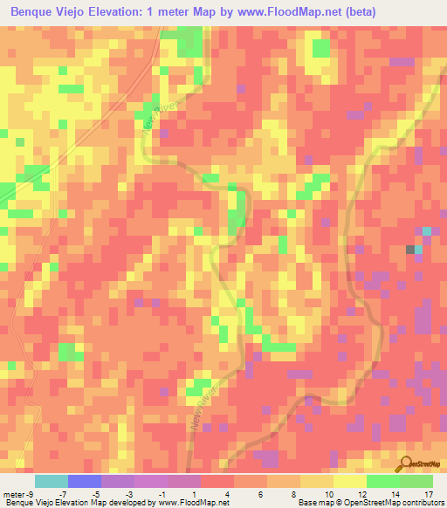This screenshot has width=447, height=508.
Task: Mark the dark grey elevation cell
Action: click(x=410, y=250)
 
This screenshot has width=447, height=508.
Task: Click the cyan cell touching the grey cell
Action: click(x=418, y=250)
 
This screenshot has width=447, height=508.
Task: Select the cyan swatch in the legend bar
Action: click(x=51, y=481)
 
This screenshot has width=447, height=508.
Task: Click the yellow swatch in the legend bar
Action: click(x=349, y=481)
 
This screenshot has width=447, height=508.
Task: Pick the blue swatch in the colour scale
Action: click(x=84, y=481)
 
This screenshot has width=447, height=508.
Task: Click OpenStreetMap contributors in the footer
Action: click(x=402, y=502)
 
